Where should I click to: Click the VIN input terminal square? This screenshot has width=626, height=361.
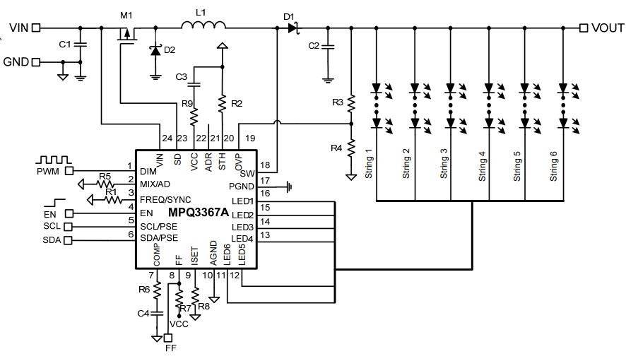(36, 28)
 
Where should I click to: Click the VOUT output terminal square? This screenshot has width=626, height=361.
(584, 28)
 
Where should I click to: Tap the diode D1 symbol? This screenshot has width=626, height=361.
(293, 28)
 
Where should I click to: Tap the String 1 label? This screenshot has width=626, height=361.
(369, 165)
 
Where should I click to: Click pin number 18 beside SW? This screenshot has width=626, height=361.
(266, 165)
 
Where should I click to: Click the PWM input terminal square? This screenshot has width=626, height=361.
(69, 170)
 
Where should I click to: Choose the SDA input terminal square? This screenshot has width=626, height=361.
(69, 241)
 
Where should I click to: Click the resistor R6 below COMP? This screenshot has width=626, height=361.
(158, 290)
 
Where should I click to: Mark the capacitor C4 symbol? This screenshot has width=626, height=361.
(158, 312)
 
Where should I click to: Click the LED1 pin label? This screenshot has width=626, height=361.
(242, 203)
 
